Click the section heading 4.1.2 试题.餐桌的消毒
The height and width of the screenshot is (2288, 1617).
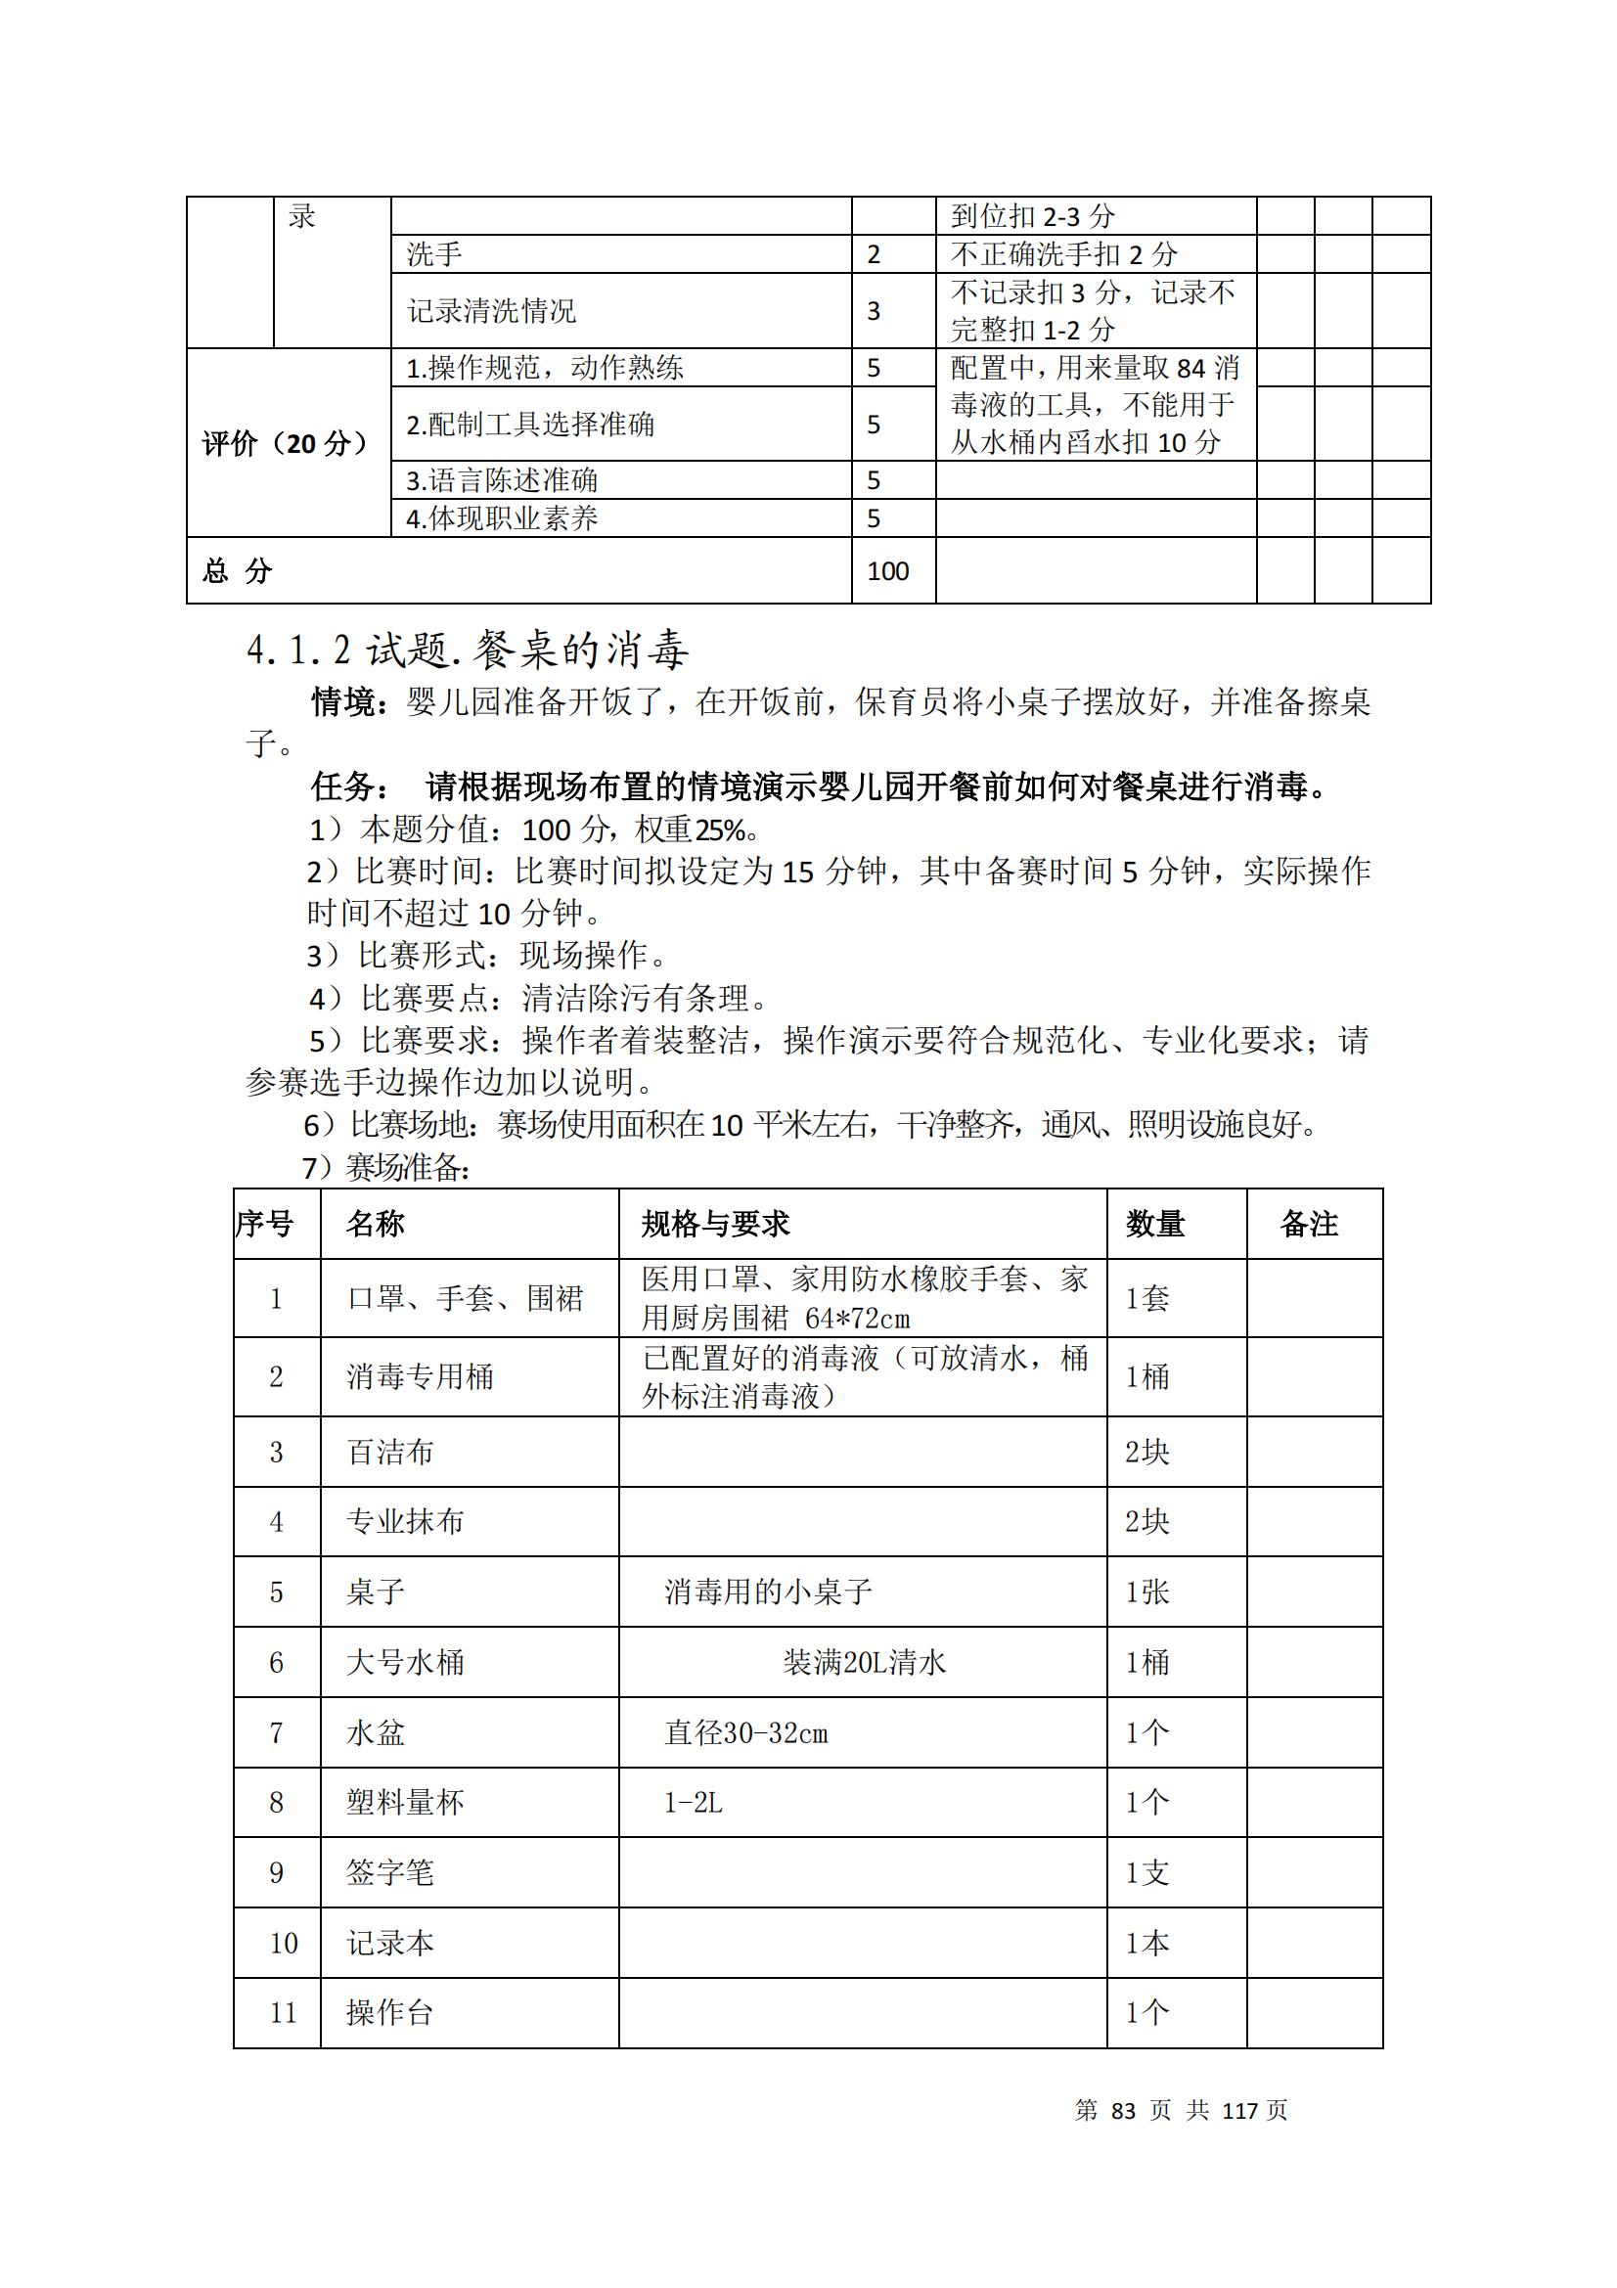(x=468, y=650)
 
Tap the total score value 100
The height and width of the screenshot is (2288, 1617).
(x=886, y=571)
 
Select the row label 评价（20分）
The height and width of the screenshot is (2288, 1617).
(x=285, y=443)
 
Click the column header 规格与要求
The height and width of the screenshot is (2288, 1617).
(x=714, y=1223)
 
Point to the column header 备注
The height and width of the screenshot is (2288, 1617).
(x=1308, y=1223)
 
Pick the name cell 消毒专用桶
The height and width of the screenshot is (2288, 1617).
(x=420, y=1376)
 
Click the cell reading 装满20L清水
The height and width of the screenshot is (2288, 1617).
(x=863, y=1662)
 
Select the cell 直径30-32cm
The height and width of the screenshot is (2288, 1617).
(x=745, y=1733)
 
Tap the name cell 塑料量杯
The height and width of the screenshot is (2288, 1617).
(x=405, y=1802)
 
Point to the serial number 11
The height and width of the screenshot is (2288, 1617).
(x=283, y=2013)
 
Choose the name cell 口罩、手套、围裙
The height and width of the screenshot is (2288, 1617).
(x=465, y=1297)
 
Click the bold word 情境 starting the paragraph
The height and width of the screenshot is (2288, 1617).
(x=342, y=702)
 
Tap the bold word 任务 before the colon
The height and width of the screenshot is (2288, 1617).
(x=342, y=787)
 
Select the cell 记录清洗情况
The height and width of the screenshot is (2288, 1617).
(x=491, y=311)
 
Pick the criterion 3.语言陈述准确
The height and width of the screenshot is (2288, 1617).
(x=501, y=480)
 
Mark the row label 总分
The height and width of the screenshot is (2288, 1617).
(x=237, y=571)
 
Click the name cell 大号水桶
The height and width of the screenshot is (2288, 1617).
(x=405, y=1662)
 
